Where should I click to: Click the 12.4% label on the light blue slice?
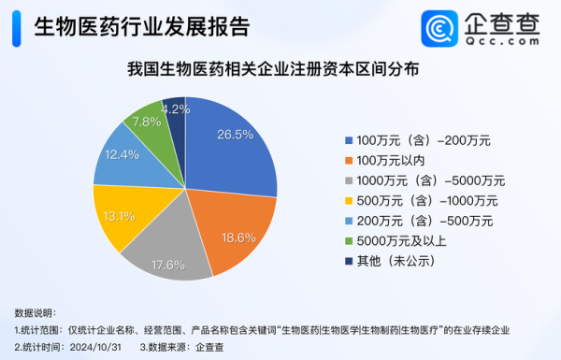(x=122, y=153)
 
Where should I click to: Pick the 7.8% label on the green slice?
(x=147, y=122)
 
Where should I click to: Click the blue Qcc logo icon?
(x=436, y=28)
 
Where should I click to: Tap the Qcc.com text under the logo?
(x=499, y=41)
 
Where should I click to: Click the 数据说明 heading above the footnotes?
(x=35, y=312)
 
